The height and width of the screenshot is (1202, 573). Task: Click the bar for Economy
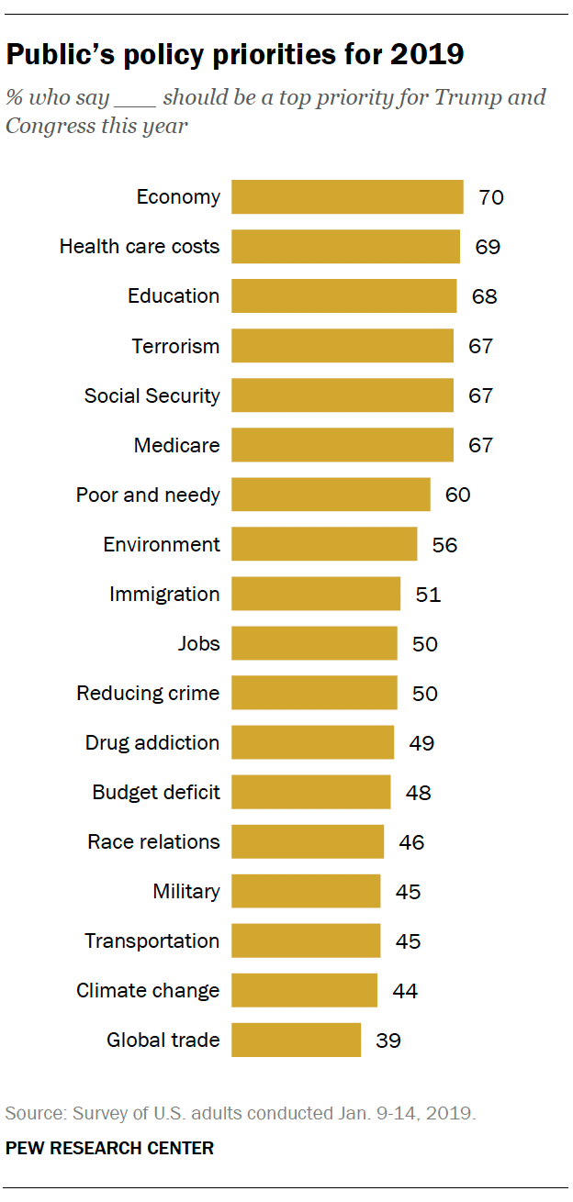coord(347,197)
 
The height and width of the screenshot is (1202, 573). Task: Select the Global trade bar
coord(296,1040)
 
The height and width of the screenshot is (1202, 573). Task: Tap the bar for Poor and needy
coord(331,495)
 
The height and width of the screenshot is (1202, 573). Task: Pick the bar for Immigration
coord(316,594)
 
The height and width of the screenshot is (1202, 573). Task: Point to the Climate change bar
coord(304,990)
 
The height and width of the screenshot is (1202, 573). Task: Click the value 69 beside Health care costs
coord(488,247)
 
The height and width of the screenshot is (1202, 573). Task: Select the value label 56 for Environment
coord(444,544)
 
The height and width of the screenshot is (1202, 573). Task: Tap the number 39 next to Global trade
coord(388,1040)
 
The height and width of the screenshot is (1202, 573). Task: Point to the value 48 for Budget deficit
coord(418,792)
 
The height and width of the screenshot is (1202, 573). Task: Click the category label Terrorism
coord(175,346)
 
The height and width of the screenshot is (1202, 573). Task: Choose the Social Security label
coord(152,395)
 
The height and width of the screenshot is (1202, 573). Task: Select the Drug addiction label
coord(152,742)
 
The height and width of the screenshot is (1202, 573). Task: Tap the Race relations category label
coord(153,841)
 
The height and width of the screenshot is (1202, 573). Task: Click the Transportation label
coord(152,940)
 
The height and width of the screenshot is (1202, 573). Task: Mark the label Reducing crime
coord(148,693)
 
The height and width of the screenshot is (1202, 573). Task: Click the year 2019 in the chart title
coord(427,55)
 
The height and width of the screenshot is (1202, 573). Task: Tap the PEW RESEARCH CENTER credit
coord(109,1148)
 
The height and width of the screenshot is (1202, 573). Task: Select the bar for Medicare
coord(342,445)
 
